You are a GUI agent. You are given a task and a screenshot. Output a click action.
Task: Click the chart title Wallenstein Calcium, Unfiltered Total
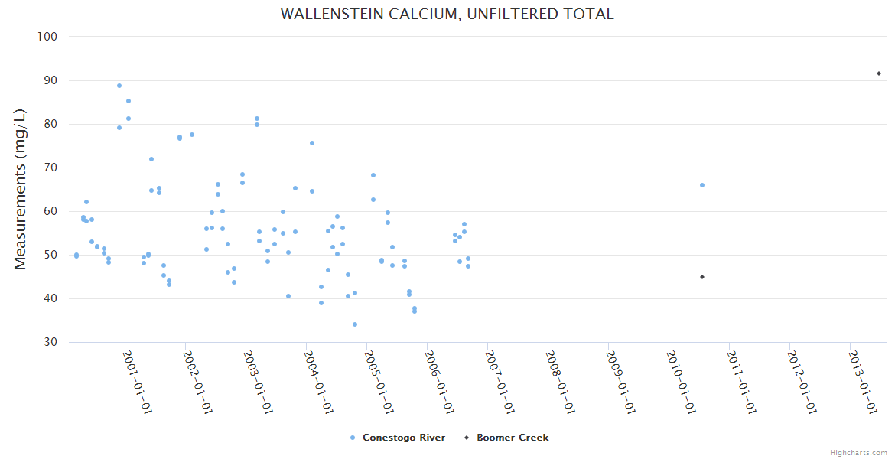pyautogui.click(x=447, y=14)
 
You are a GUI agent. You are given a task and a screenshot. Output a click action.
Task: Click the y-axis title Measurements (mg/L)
pyautogui.click(x=21, y=189)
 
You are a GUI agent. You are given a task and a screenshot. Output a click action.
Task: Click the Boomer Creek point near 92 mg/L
pyautogui.click(x=879, y=73)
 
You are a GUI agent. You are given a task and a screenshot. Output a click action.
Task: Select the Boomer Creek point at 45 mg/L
pyautogui.click(x=702, y=277)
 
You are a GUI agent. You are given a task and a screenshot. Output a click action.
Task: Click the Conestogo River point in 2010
pyautogui.click(x=702, y=185)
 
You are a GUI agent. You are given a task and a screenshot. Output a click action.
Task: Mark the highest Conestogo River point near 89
pyautogui.click(x=119, y=86)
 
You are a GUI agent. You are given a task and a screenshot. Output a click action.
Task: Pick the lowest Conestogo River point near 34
pyautogui.click(x=355, y=324)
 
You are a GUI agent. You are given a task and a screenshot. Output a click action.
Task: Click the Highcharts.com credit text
pyautogui.click(x=858, y=453)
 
